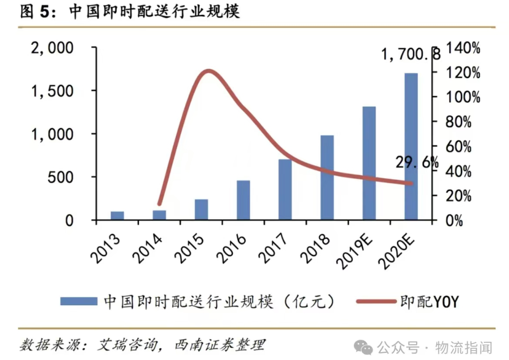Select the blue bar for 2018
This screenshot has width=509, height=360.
coord(327,178)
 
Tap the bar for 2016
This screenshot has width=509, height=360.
coord(243,200)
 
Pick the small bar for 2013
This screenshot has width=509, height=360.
coord(117,216)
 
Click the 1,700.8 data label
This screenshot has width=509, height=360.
coord(410,55)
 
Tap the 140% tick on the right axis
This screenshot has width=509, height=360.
coord(462,48)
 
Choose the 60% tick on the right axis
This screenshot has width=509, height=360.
coord(459,147)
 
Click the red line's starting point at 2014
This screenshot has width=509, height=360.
coord(159,203)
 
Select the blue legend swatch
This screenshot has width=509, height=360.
coord(78,301)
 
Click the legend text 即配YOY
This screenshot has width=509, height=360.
coord(429,301)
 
